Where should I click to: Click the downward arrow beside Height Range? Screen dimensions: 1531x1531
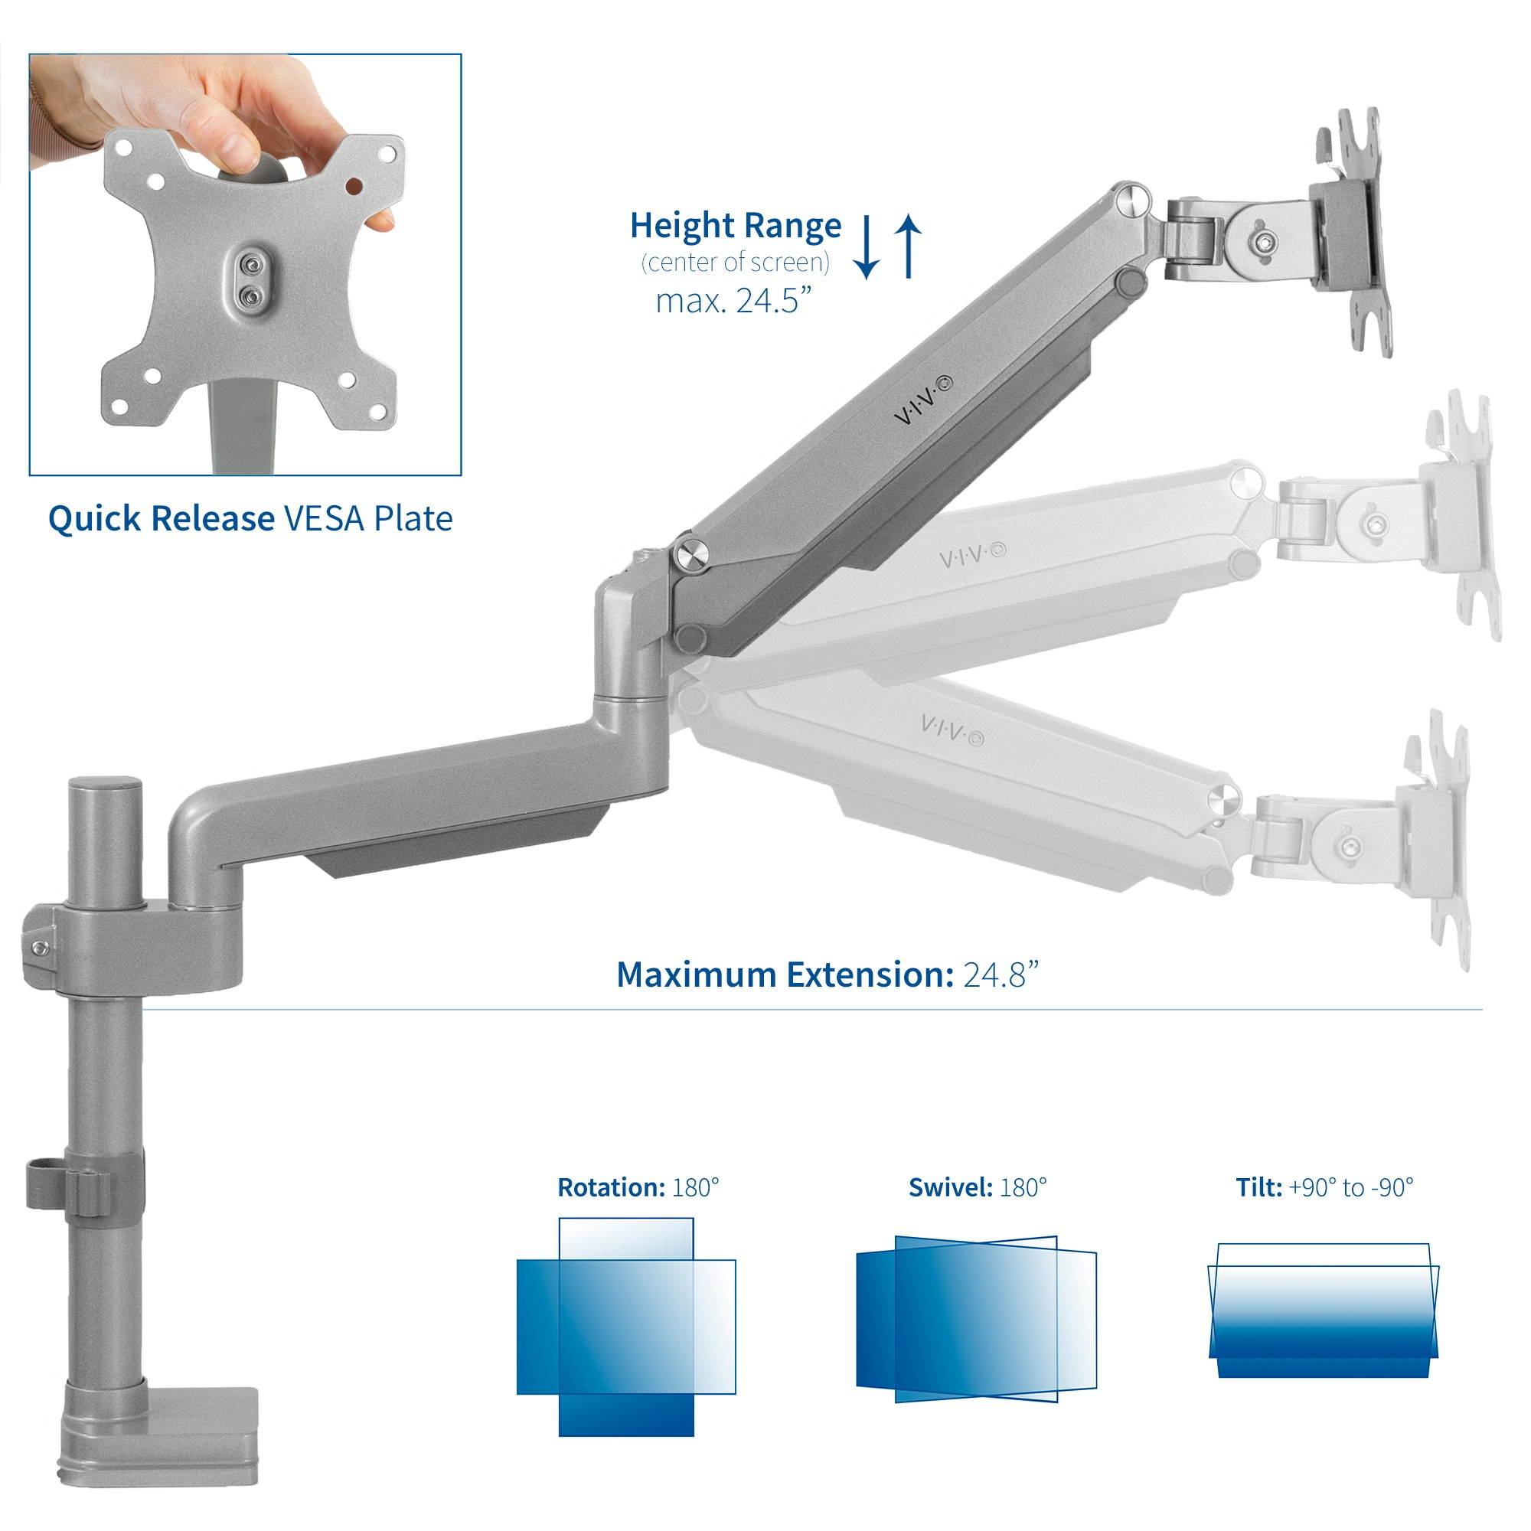pos(867,247)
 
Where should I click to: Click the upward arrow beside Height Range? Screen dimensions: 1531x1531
pos(908,247)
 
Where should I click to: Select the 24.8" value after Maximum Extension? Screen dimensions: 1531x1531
pos(1001,974)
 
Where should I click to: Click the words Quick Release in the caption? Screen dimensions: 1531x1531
pos(161,519)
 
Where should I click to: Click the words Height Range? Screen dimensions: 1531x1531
pos(736,227)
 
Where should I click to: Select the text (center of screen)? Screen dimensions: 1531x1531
pos(736,263)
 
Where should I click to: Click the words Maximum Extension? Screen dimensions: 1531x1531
pos(785,974)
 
